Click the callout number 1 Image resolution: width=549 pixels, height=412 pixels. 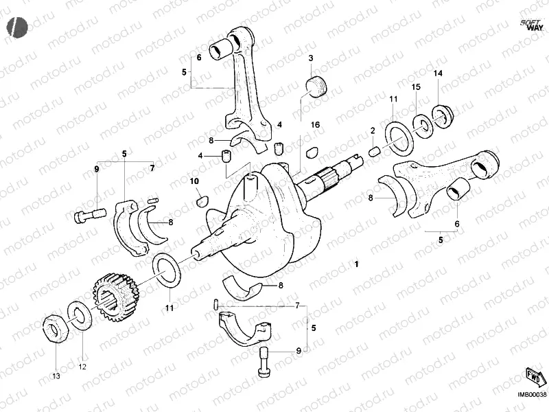pos(356,264)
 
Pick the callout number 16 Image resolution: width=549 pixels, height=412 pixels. pos(314,124)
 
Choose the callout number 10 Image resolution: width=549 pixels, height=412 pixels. pos(194,181)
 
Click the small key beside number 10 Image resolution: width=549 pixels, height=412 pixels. pos(201,201)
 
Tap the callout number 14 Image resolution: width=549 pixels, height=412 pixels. pos(437,73)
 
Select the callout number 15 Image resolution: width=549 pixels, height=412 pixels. pos(415,88)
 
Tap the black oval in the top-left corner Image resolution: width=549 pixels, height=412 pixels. pos(17,26)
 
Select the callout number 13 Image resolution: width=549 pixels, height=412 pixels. pos(56,376)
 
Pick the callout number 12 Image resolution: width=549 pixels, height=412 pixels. pos(82,367)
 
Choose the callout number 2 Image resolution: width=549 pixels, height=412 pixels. pos(373,130)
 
